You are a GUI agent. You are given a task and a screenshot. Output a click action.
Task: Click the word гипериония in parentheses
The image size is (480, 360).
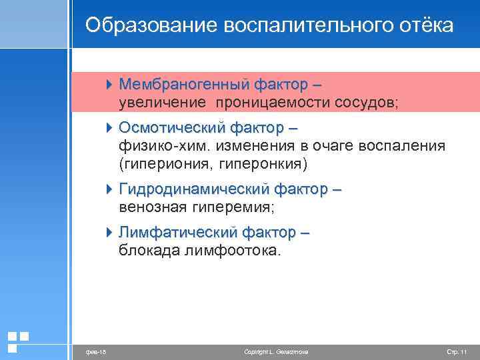pos(164,163)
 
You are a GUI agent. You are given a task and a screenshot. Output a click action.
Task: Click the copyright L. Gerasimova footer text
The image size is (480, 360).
pos(277,351)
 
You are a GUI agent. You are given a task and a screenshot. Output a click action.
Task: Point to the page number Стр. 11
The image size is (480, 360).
pos(457,351)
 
